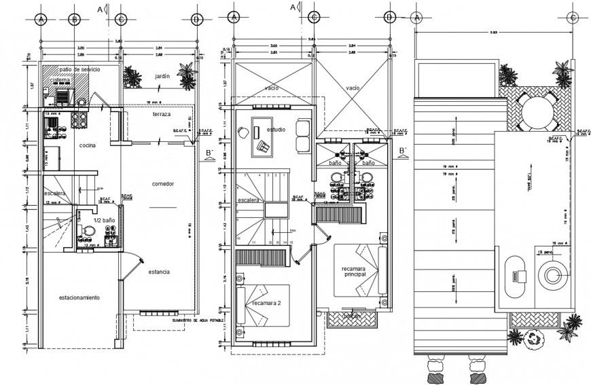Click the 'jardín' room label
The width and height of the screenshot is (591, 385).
(161, 77)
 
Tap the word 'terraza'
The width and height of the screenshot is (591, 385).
(162, 115)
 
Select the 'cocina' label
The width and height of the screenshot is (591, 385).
(86, 145)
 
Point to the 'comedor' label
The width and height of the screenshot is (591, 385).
(163, 184)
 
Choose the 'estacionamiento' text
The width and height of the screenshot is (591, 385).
(79, 298)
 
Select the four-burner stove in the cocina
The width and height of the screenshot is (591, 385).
(79, 120)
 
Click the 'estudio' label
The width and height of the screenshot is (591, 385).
(276, 128)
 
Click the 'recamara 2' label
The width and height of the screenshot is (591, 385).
(267, 302)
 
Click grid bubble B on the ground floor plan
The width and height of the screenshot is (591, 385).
(73, 19)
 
